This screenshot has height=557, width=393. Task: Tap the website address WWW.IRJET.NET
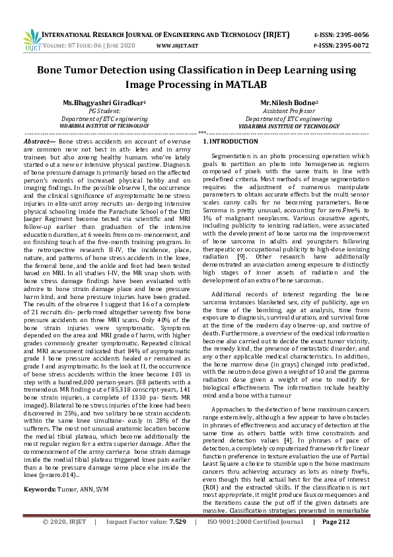177,46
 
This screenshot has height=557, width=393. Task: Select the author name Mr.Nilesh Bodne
288,103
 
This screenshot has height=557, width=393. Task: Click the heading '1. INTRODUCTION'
230,142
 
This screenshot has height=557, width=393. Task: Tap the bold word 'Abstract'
38,142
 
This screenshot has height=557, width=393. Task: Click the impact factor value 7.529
178,540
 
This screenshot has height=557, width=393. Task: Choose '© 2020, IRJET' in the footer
64,540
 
